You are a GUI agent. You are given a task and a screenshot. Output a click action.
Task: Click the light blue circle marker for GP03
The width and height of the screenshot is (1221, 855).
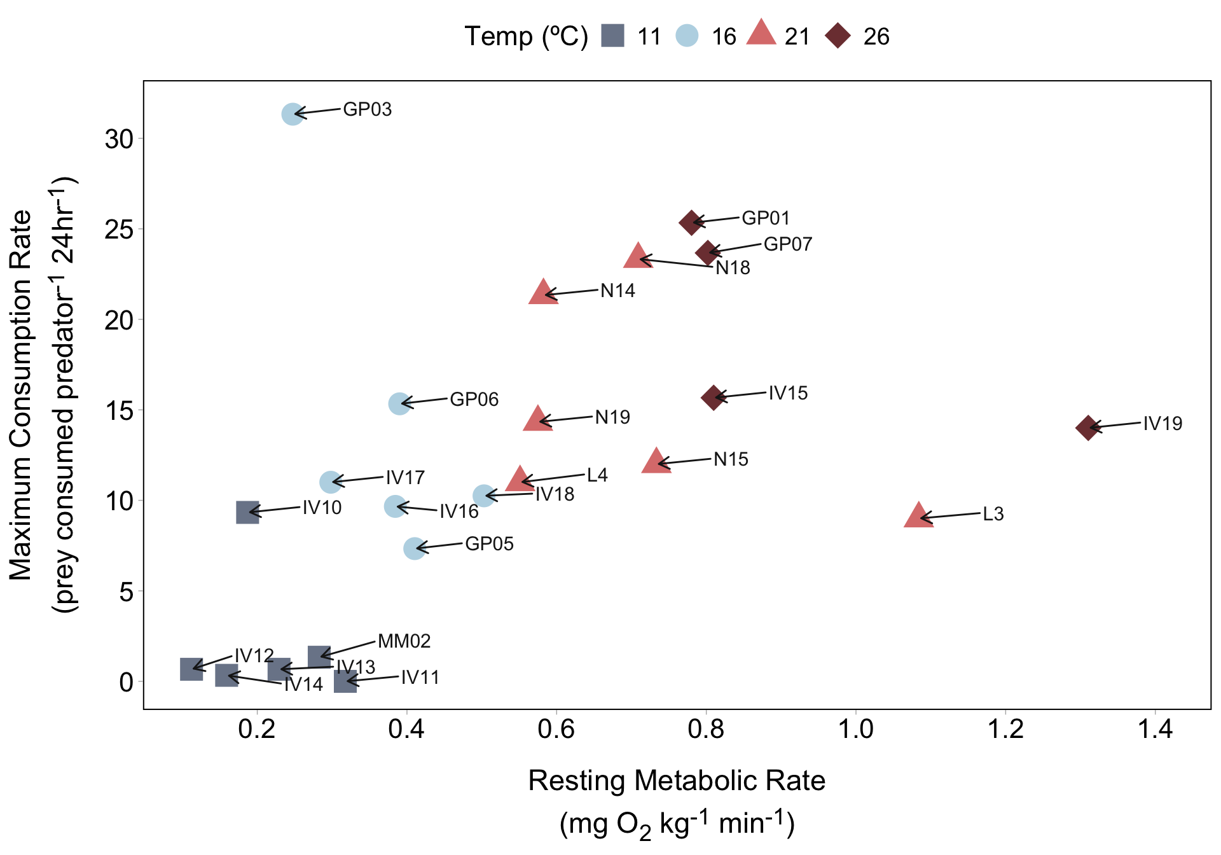tap(292, 115)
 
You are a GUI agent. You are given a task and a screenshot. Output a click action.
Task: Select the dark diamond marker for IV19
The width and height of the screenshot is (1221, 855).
tap(1088, 427)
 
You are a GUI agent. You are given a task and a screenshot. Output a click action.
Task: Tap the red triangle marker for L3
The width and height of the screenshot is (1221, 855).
tap(918, 516)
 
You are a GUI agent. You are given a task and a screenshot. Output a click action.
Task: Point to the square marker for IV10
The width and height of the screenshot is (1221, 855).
tap(247, 512)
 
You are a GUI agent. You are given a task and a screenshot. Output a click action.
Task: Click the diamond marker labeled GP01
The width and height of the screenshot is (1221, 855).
tap(691, 223)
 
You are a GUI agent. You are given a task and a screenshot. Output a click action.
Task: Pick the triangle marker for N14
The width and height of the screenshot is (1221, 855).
tap(543, 293)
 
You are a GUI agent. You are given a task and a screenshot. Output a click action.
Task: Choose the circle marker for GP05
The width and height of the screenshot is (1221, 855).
tap(414, 548)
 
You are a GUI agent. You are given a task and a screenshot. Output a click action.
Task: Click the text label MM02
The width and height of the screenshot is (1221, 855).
tap(404, 641)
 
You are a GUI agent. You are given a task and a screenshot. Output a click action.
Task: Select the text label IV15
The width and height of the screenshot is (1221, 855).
tap(788, 393)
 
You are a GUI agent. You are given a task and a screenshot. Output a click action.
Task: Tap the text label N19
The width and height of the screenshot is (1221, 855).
tap(612, 417)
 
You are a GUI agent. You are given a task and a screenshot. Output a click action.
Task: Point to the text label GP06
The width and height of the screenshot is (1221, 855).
tap(474, 400)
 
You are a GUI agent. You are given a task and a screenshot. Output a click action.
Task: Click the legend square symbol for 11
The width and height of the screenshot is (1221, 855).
tap(613, 36)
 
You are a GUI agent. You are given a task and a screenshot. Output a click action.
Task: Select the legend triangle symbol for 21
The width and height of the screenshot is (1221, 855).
tap(761, 33)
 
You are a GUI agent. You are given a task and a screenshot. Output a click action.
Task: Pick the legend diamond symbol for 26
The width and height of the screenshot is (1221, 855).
tap(838, 36)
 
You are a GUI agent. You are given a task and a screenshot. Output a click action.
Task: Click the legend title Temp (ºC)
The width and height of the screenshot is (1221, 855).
tap(526, 36)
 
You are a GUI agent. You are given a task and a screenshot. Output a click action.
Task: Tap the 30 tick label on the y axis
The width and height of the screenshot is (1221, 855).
tap(120, 139)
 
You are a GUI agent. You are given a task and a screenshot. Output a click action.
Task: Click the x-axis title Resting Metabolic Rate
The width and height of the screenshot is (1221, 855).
tap(677, 781)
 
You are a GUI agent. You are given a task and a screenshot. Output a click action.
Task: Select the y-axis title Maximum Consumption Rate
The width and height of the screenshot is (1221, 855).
tap(21, 394)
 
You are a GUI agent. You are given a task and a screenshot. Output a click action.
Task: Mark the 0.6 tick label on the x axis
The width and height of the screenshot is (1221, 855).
tap(556, 729)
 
